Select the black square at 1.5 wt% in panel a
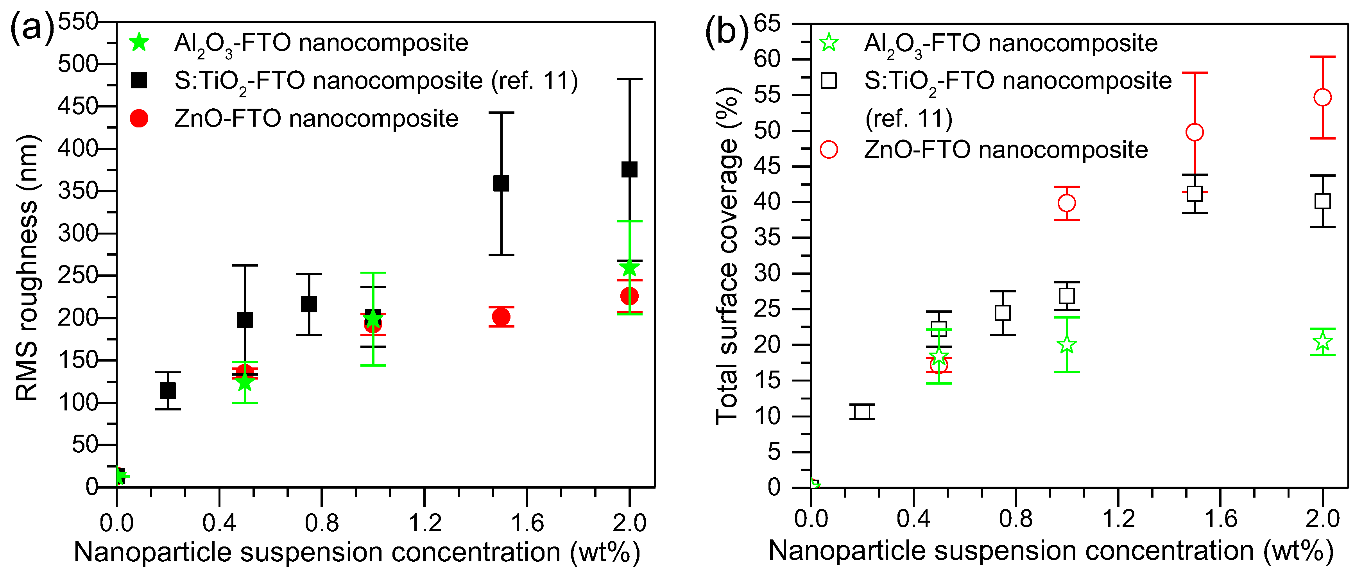(x=501, y=184)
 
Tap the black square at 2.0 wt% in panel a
(x=629, y=170)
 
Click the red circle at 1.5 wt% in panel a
(x=501, y=317)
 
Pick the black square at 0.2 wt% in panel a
(x=168, y=391)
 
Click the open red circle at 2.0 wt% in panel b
(x=1322, y=98)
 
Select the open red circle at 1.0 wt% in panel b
(x=1067, y=203)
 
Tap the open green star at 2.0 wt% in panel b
(x=1322, y=342)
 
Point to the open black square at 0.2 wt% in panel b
(x=862, y=412)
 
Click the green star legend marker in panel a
(x=139, y=42)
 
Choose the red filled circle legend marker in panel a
(x=139, y=118)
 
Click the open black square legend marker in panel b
(x=829, y=81)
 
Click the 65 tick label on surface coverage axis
(x=767, y=23)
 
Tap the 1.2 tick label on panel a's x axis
(x=425, y=523)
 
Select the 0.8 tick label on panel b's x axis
(x=1016, y=519)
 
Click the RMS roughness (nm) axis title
(x=27, y=267)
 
